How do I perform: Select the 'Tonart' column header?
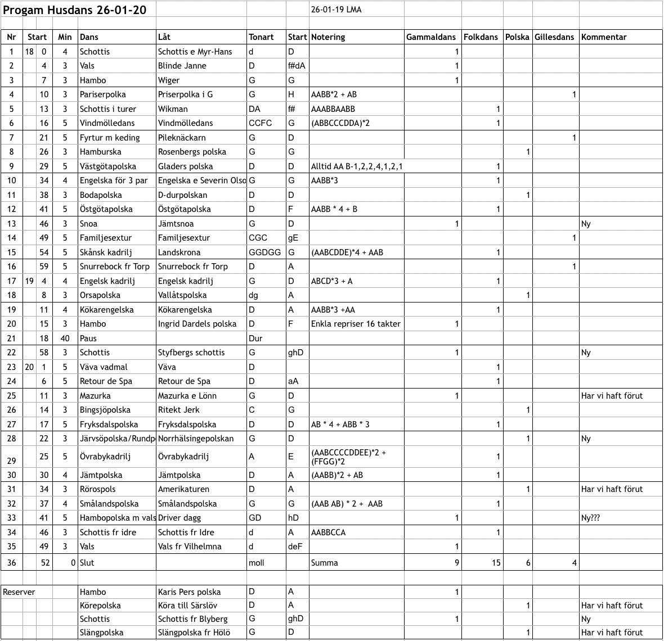[x=261, y=37]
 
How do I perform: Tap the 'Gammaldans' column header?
[x=431, y=37]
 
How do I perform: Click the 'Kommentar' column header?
[x=604, y=37]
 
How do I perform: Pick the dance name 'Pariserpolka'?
[x=103, y=94]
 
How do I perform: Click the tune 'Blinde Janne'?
[x=182, y=66]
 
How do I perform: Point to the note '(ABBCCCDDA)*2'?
[x=340, y=123]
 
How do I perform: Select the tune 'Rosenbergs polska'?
[x=192, y=152]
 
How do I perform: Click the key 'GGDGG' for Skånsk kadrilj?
[x=264, y=252]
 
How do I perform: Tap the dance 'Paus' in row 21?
[x=88, y=338]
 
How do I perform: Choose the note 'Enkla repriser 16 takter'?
[x=356, y=324]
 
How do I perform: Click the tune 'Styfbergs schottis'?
[x=191, y=353]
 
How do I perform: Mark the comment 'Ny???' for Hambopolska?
[x=590, y=518]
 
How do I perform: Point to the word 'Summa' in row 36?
[x=325, y=563]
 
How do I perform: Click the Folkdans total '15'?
[x=496, y=563]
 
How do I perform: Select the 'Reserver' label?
[x=19, y=592]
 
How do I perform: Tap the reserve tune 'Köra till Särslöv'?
[x=187, y=606]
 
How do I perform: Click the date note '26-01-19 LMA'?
[x=337, y=10]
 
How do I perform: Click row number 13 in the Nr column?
[x=11, y=224]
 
